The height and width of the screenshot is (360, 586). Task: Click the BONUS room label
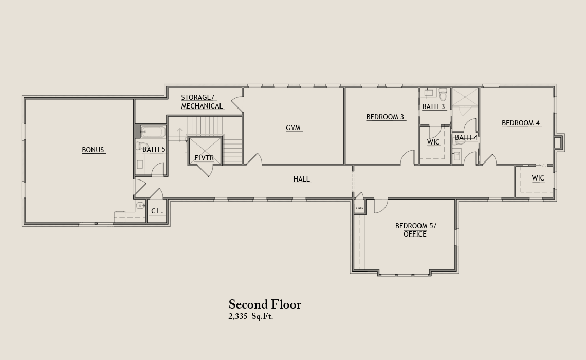pyautogui.click(x=93, y=150)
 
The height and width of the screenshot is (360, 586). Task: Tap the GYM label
pyautogui.click(x=293, y=128)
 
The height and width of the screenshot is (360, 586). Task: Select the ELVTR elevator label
pyautogui.click(x=204, y=158)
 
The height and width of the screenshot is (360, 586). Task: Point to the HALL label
pyautogui.click(x=302, y=179)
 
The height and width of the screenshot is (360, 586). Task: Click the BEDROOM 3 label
pyautogui.click(x=386, y=117)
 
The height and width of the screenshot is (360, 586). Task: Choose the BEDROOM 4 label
pyautogui.click(x=521, y=123)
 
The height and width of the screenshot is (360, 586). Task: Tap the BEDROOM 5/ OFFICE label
pyautogui.click(x=415, y=230)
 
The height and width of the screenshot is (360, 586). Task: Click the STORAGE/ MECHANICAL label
pyautogui.click(x=202, y=102)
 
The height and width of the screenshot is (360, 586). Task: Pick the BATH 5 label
pyautogui.click(x=154, y=150)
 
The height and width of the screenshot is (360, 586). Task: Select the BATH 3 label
pyautogui.click(x=433, y=107)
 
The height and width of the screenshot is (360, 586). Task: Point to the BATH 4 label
pyautogui.click(x=466, y=137)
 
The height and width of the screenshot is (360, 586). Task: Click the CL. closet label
pyautogui.click(x=157, y=211)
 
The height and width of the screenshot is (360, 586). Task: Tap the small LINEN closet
pyautogui.click(x=359, y=208)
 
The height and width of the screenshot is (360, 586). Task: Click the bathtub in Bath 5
pyautogui.click(x=153, y=132)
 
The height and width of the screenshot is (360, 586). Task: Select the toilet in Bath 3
pyautogui.click(x=443, y=95)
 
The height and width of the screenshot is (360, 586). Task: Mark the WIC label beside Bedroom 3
pyautogui.click(x=433, y=142)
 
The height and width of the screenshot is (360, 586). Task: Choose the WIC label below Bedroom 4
pyautogui.click(x=538, y=178)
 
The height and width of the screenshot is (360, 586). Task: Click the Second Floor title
pyautogui.click(x=265, y=304)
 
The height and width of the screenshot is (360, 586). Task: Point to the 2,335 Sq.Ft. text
pyautogui.click(x=251, y=316)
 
